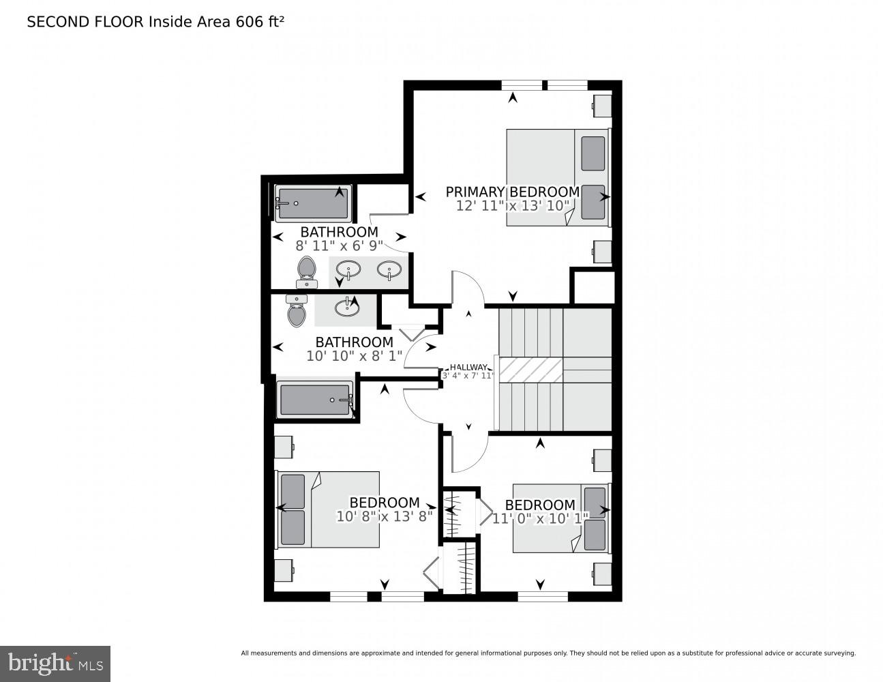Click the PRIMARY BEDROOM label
(512, 192)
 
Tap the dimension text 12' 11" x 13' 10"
(512, 205)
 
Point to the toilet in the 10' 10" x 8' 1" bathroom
(297, 311)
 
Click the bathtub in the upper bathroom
(313, 203)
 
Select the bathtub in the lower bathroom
(316, 400)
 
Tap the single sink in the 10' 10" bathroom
(347, 308)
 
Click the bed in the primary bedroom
(557, 177)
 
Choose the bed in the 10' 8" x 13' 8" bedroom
(328, 509)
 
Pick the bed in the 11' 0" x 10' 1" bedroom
(560, 518)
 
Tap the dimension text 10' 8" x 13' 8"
(385, 516)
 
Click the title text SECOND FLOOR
(85, 22)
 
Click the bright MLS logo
(55, 663)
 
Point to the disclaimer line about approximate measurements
(548, 653)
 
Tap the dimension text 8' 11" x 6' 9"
(339, 246)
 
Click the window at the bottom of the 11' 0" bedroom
(542, 597)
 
